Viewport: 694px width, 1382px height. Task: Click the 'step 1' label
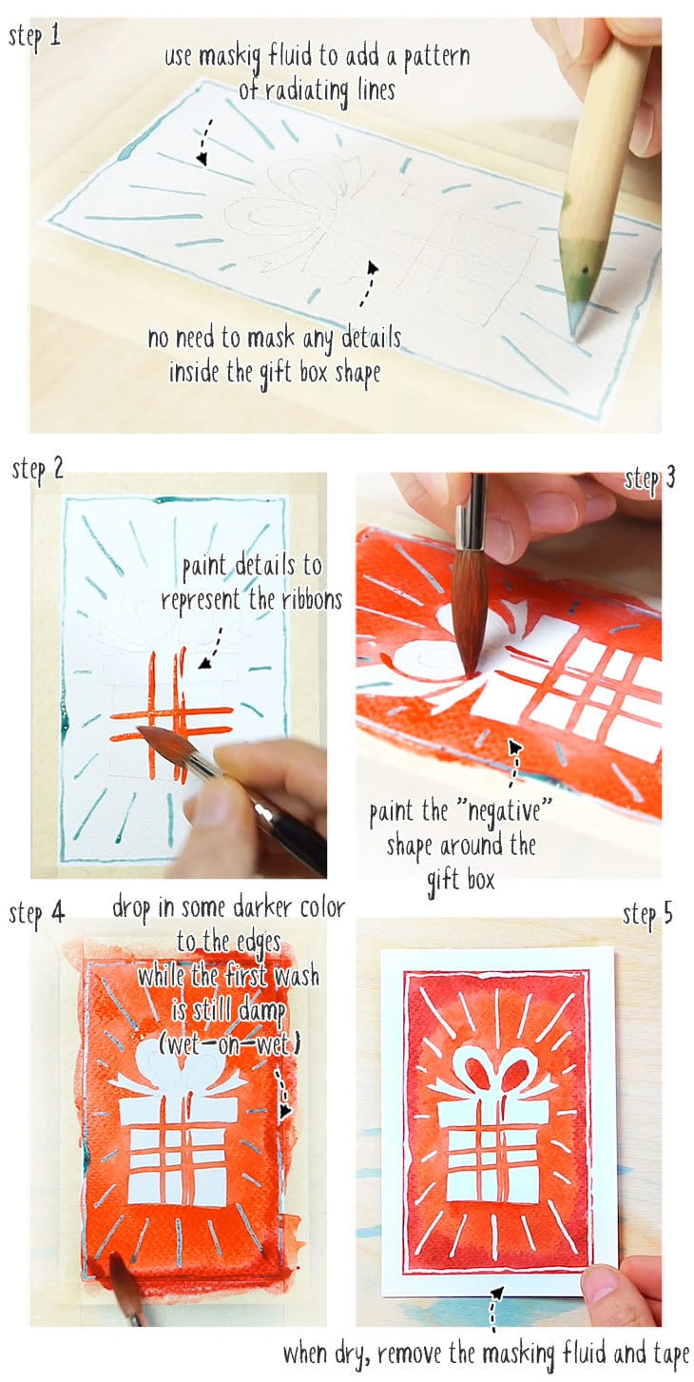coord(35,36)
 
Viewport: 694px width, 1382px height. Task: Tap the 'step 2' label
coord(38,469)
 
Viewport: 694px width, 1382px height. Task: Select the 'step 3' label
coord(649,478)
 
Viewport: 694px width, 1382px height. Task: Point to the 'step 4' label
coord(37,913)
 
